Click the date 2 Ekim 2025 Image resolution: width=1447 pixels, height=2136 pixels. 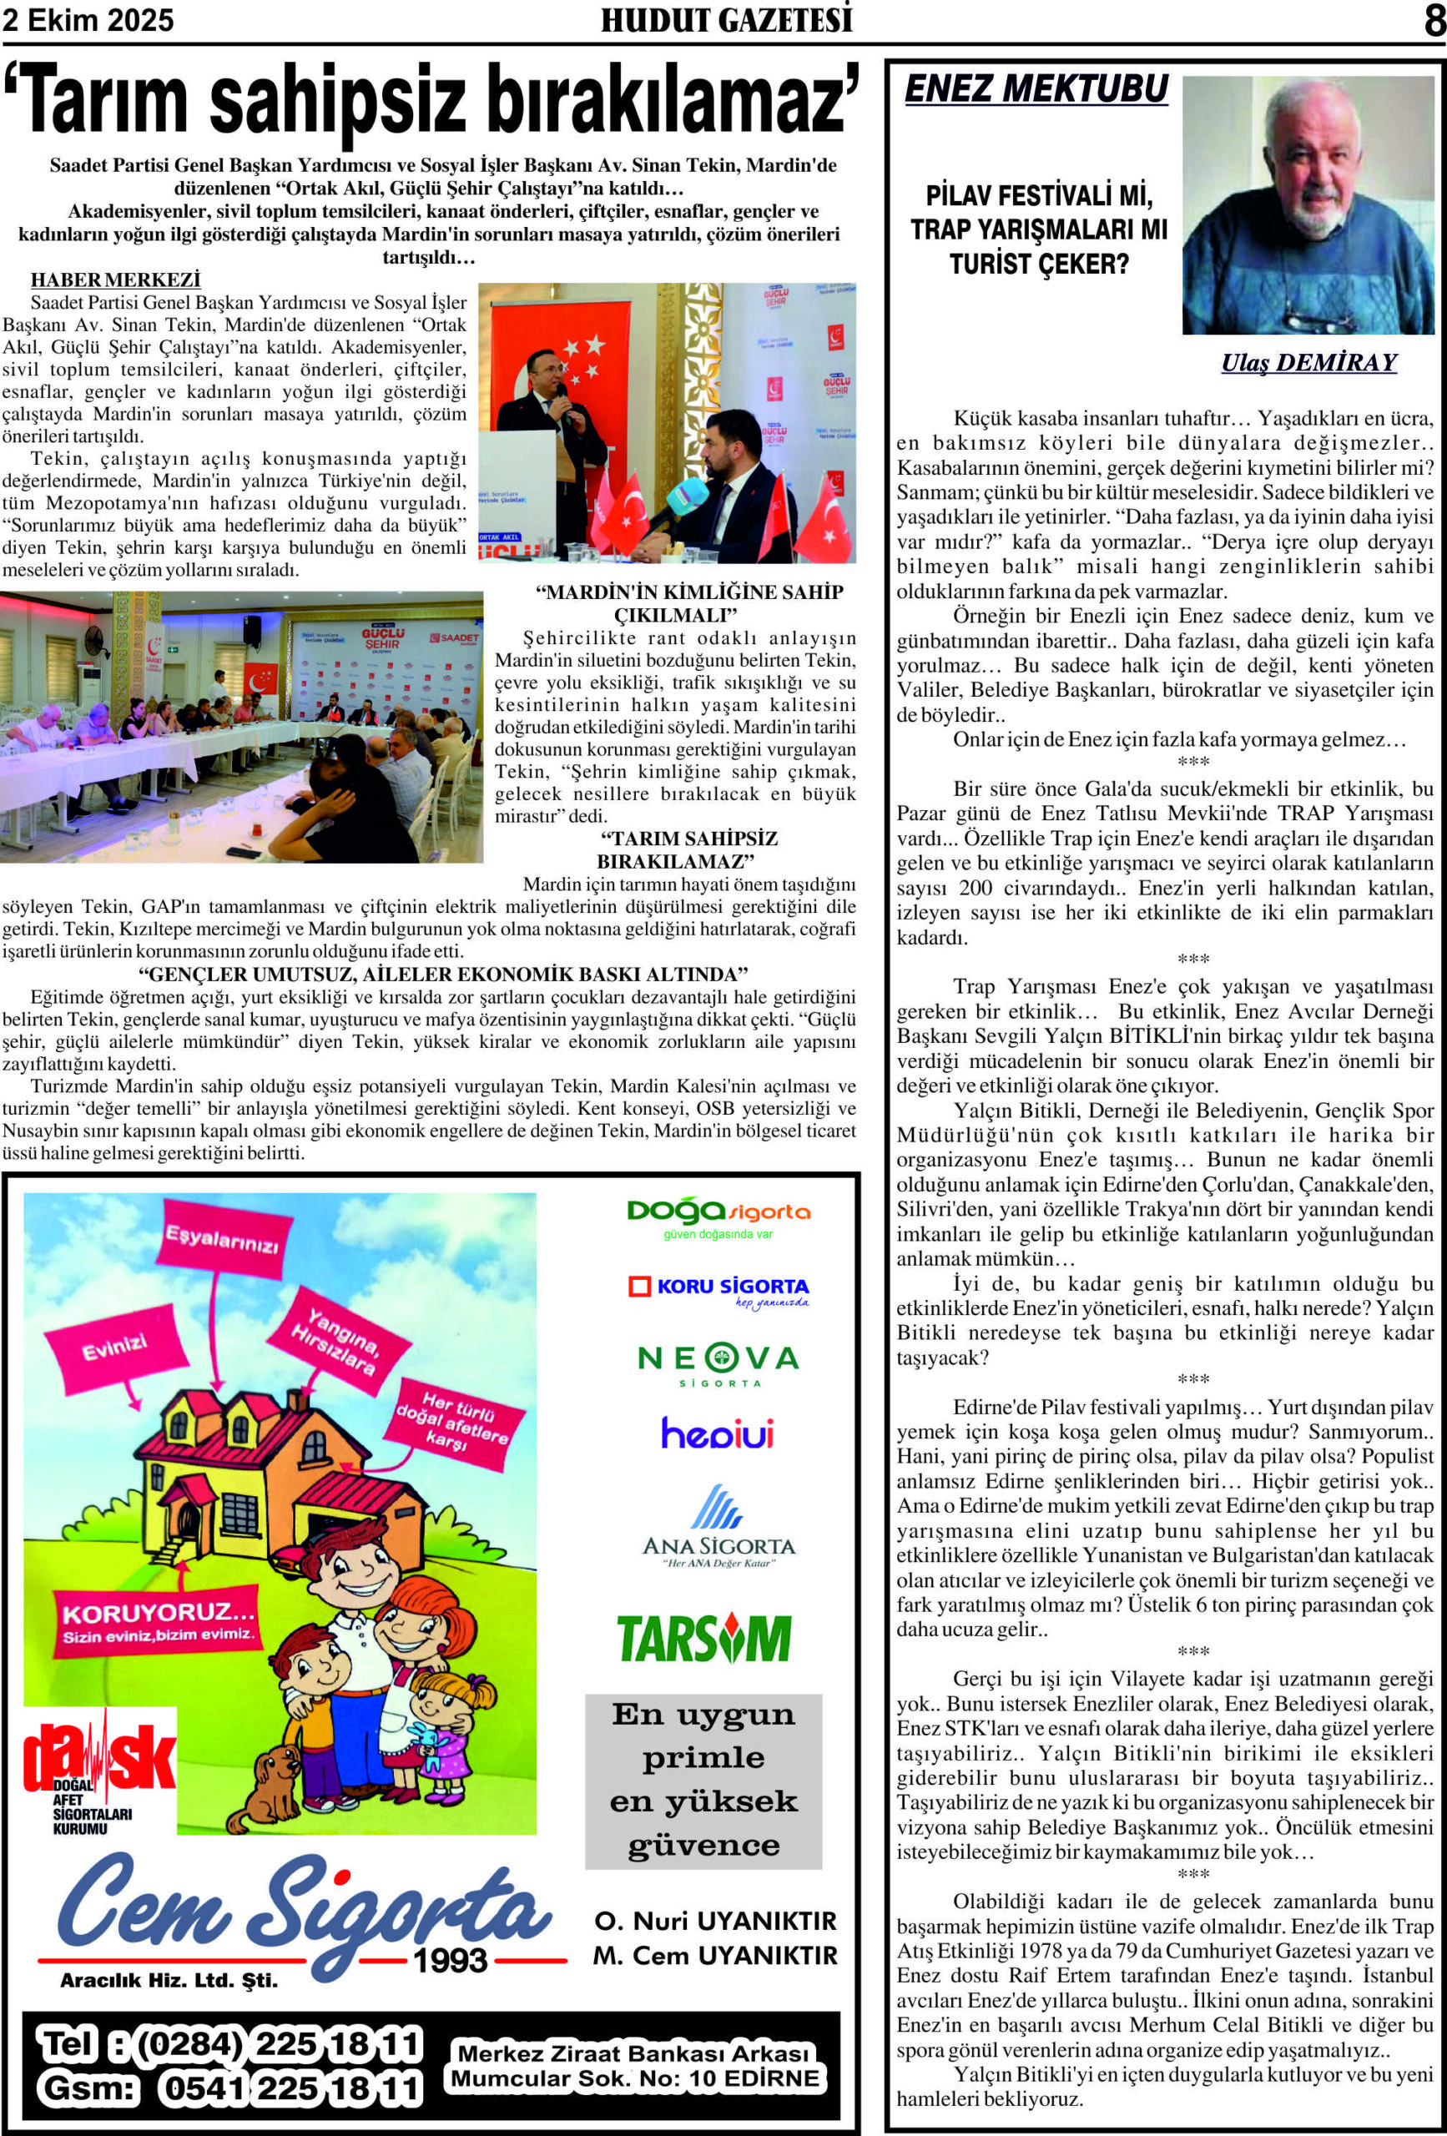[88, 20]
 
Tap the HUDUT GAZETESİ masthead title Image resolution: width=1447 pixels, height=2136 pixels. [726, 20]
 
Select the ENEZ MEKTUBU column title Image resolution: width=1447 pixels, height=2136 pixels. [1036, 89]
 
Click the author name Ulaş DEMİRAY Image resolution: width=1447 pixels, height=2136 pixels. [1308, 362]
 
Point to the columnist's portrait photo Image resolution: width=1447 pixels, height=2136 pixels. [1308, 205]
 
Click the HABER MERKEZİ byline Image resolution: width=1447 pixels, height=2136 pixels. [115, 280]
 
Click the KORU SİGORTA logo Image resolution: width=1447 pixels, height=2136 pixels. [718, 1288]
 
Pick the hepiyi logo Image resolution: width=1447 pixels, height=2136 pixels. [717, 1433]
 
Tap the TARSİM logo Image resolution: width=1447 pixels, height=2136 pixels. [704, 1639]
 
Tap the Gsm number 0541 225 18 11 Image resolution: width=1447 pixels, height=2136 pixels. [290, 2088]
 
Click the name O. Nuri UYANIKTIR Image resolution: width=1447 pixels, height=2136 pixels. [715, 1921]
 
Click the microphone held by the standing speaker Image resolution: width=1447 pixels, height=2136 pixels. [563, 399]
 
